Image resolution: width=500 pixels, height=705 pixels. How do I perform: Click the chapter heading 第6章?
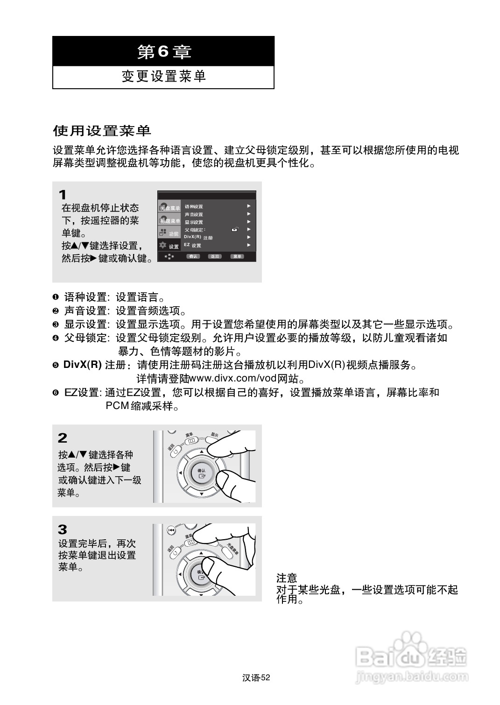163,51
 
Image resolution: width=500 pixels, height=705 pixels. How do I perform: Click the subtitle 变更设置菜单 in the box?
163,77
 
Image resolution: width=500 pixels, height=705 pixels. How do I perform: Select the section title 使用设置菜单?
102,131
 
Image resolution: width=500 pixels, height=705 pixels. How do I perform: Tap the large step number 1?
63,195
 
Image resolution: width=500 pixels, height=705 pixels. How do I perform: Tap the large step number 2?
63,438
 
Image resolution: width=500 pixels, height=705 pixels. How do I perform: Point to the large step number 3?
63,529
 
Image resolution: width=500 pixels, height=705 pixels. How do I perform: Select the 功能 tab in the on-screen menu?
169,233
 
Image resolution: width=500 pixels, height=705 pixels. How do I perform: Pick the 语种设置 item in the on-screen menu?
194,206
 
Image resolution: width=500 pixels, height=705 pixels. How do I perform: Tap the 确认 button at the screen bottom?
193,256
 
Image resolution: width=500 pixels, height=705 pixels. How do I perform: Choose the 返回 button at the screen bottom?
215,256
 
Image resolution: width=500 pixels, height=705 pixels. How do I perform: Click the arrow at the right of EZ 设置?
249,245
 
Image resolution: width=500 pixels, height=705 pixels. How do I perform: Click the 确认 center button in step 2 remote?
201,473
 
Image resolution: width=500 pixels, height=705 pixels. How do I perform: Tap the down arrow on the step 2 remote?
201,493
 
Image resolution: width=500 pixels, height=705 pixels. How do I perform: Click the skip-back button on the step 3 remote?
171,530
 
